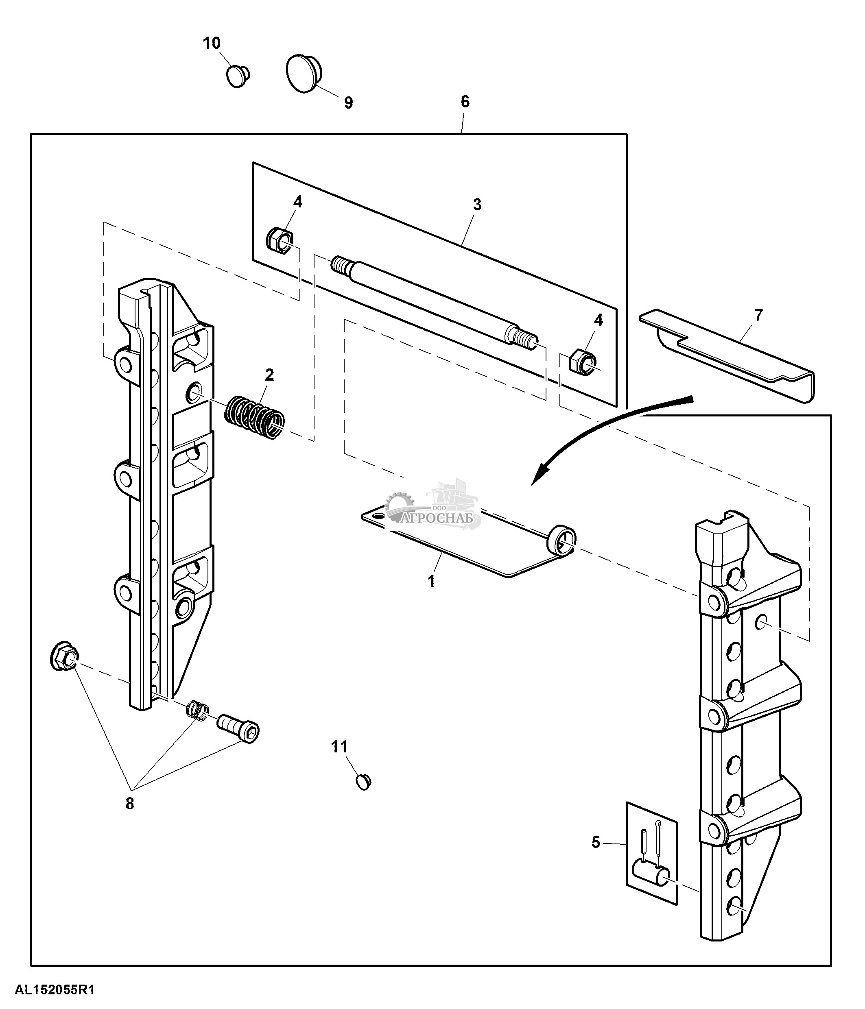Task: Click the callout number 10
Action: click(x=212, y=44)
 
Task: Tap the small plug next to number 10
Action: click(x=238, y=76)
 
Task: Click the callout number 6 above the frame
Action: click(x=465, y=102)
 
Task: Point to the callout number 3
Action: click(x=477, y=205)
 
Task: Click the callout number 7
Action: click(x=758, y=315)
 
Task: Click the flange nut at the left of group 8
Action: click(x=64, y=656)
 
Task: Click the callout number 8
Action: click(x=129, y=804)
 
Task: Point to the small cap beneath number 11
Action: click(x=363, y=782)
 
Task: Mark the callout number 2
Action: click(x=269, y=375)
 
